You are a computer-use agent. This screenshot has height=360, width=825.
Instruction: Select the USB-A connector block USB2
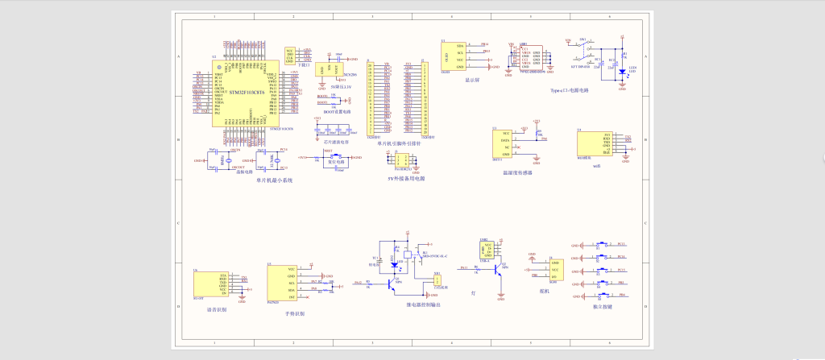484,249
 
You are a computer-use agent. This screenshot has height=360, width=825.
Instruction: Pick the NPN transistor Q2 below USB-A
499,271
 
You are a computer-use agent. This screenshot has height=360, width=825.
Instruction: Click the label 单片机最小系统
274,180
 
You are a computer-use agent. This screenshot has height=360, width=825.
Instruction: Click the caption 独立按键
603,307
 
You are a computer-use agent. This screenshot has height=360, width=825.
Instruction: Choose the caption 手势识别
295,313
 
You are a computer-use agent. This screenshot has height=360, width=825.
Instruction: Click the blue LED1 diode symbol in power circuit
622,72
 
